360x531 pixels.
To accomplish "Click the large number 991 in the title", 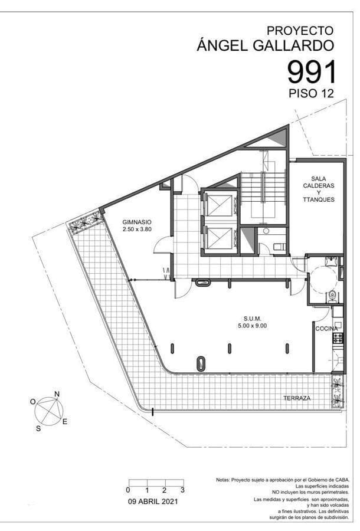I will [x=312, y=72].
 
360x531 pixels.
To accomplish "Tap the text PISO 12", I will [x=312, y=93].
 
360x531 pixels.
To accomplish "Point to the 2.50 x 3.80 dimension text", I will [x=137, y=229].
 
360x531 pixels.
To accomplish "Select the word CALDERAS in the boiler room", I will [x=319, y=185].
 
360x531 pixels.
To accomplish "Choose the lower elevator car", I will [x=219, y=238].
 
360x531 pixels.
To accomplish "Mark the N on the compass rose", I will [x=57, y=394].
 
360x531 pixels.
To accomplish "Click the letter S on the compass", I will [x=38, y=429].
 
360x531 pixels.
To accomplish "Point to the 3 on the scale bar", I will [x=182, y=490].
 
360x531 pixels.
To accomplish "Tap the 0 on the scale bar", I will [x=128, y=490].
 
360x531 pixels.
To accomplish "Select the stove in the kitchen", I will [x=338, y=339].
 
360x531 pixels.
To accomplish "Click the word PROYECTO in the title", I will [x=300, y=30].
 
